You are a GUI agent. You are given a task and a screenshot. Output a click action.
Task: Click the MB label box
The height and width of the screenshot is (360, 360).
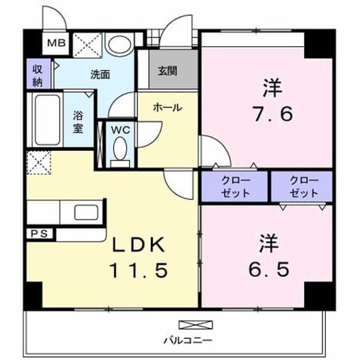click(56, 43)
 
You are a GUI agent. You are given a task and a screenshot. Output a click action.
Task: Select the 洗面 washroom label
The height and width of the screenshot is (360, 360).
click(100, 75)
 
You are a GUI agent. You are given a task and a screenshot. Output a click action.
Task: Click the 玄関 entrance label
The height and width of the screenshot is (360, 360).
click(168, 71)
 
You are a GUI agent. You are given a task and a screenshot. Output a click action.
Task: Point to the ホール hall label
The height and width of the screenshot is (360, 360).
click(168, 107)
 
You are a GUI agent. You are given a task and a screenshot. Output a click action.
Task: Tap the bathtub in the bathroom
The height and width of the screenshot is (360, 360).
click(48, 119)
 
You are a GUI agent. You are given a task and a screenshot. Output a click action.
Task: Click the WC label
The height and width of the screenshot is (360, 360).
click(120, 130)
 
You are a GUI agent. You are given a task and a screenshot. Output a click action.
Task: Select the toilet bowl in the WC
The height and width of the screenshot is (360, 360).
click(120, 148)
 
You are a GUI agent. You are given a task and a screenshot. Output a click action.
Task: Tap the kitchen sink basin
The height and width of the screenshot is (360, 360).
click(86, 212)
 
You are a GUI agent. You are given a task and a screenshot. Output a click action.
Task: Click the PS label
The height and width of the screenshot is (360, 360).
click(39, 234)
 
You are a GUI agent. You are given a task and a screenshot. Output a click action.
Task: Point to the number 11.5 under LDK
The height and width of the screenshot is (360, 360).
click(139, 270)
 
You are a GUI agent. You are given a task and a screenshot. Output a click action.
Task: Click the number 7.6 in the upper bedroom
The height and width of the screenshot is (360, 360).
click(272, 114)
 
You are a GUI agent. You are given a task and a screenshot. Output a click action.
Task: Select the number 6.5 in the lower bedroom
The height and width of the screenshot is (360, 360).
click(269, 269)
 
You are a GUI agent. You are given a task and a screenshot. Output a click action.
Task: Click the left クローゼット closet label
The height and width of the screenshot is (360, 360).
click(236, 187)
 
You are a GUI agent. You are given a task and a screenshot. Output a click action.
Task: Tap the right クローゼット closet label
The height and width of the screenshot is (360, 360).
click(304, 187)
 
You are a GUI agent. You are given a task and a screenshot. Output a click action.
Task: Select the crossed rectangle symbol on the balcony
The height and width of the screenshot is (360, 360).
click(196, 325)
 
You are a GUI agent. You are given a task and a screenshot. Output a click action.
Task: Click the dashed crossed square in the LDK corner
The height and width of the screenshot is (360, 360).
click(39, 163)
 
